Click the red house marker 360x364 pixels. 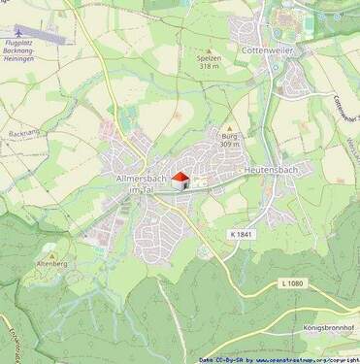tap(179, 179)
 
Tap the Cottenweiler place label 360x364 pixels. tap(269, 48)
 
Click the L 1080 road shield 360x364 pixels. tap(291, 282)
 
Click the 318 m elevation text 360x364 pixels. tap(210, 67)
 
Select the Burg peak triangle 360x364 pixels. tap(229, 128)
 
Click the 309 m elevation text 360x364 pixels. tap(229, 145)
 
